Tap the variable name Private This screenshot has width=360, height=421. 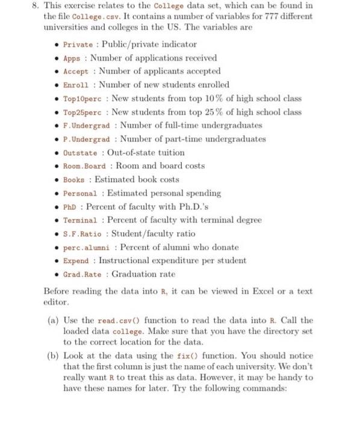(x=78, y=45)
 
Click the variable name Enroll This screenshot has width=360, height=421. (x=76, y=85)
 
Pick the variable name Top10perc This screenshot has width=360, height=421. (x=82, y=99)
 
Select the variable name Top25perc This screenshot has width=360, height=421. (x=82, y=112)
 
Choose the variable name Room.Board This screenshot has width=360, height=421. (x=84, y=166)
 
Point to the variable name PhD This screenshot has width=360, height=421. (x=69, y=207)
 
